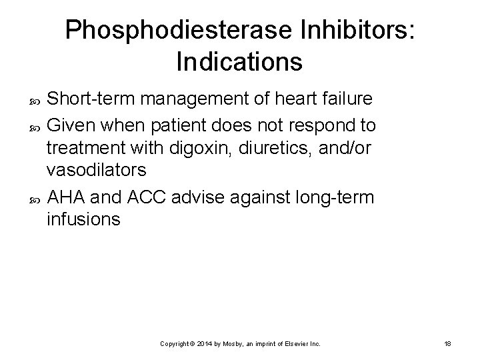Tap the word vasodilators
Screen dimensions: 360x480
pos(97,169)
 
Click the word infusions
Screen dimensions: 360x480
pos(84,220)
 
